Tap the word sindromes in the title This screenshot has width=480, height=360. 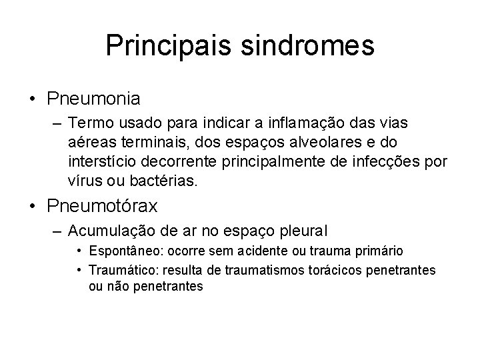click(309, 45)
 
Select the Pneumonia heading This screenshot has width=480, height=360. click(94, 99)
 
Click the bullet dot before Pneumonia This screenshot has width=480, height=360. click(33, 99)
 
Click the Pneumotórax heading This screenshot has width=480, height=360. click(103, 207)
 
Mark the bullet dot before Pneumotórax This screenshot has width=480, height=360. click(33, 207)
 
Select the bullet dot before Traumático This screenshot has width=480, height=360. click(79, 269)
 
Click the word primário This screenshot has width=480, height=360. click(380, 251)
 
